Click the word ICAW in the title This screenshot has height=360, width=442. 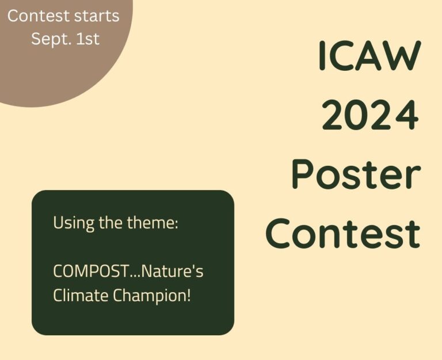370,55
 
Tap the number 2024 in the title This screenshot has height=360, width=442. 370,115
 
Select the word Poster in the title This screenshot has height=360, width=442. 356,173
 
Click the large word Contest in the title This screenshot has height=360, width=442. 343,233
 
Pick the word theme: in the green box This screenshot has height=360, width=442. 153,222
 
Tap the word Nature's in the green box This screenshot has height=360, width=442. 172,271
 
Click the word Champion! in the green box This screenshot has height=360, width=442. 152,296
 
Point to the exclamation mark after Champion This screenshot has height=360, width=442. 189,295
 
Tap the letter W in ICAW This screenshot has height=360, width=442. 405,55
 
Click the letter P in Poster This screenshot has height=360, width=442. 303,173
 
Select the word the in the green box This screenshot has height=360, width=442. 110,222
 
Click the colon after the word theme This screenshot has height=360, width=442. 177,225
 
